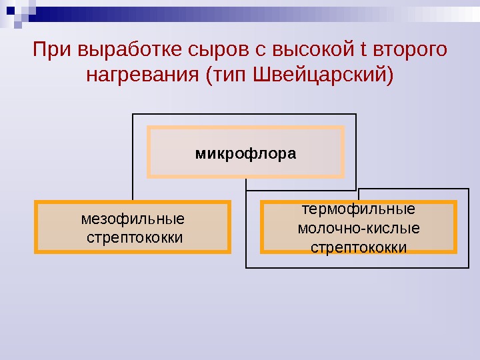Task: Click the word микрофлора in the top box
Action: pos(245,153)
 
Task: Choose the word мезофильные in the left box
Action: pos(133,219)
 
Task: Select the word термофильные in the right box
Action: pos(359,209)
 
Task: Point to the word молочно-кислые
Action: pos(359,229)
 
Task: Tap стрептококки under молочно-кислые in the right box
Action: pos(359,247)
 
